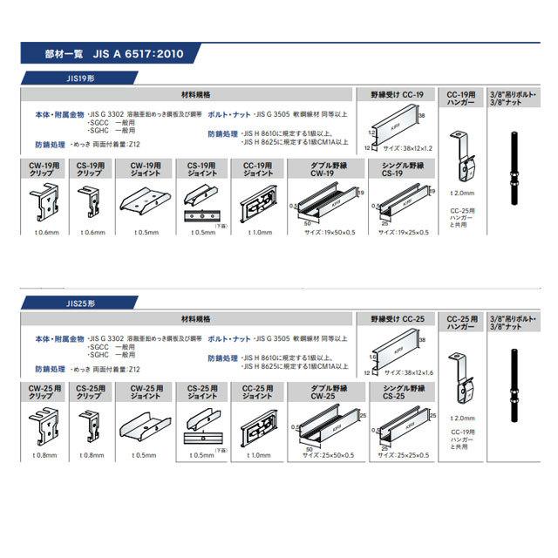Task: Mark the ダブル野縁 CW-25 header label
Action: pos(322,391)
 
